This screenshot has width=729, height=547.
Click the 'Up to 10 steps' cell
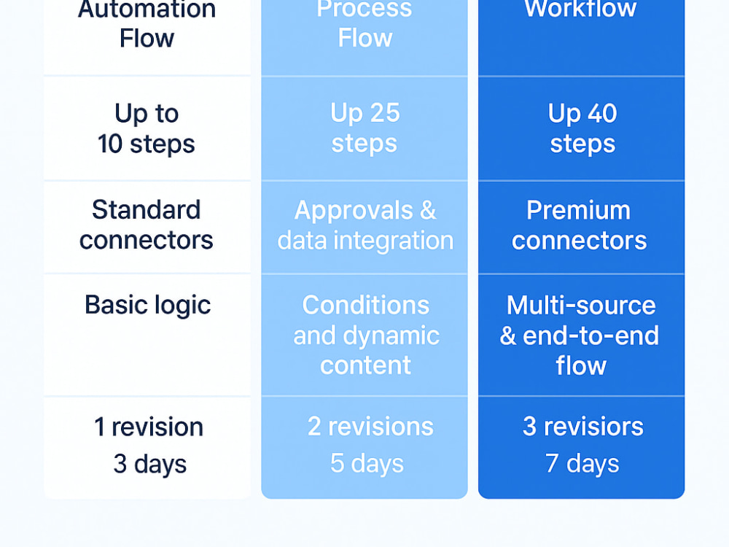147,128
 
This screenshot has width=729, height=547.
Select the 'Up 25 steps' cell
365,128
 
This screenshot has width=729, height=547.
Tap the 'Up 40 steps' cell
582,128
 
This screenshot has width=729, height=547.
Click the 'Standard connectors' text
147,225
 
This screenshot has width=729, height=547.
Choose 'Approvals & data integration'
365,225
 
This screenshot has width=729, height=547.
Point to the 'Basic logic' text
148,306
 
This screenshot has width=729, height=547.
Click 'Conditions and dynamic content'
366,335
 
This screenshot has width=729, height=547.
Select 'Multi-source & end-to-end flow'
580,335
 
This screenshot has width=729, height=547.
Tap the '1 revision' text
149,427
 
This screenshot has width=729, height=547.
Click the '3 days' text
149,464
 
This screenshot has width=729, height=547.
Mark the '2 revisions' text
370,426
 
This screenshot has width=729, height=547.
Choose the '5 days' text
367,464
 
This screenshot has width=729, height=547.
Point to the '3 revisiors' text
583,426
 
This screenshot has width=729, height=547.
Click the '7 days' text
582,464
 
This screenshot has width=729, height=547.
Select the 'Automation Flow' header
147,23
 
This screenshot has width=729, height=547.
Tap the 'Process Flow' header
364,23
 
